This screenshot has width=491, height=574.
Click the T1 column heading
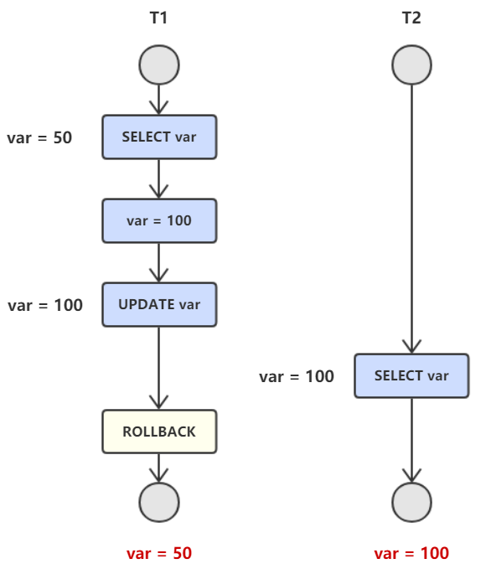[158, 18]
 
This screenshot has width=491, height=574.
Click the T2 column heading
[411, 18]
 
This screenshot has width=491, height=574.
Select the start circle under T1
[159, 65]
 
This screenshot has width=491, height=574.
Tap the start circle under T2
[411, 65]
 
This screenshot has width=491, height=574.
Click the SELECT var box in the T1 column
[159, 137]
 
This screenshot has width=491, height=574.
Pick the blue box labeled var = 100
[159, 220]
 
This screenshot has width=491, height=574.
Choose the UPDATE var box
[159, 304]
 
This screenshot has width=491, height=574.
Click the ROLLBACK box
[159, 432]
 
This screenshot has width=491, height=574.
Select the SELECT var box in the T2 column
[411, 375]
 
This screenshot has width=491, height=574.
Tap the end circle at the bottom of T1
[159, 502]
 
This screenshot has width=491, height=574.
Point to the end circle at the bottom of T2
[411, 502]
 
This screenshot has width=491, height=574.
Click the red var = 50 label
[159, 553]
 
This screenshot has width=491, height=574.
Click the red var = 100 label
[411, 553]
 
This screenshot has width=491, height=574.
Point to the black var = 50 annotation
[39, 138]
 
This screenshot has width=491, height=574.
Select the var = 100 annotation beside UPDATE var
[45, 305]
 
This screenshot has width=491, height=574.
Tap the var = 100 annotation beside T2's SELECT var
[297, 377]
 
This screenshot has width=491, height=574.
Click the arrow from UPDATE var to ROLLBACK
[159, 368]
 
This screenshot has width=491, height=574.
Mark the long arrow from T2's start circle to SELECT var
[411, 220]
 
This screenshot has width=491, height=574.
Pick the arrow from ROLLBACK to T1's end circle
[159, 468]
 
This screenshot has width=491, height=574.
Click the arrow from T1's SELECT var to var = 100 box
[159, 179]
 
